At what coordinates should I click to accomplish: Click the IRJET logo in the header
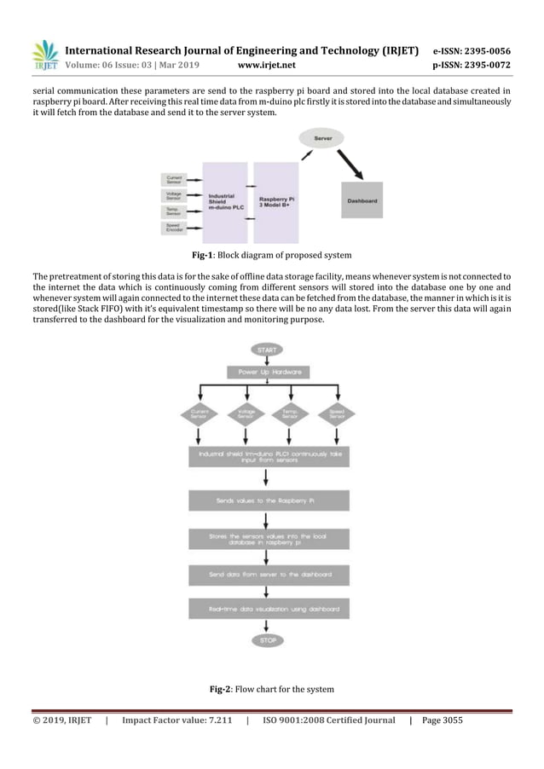[x=44, y=55]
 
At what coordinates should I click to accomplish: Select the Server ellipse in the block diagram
[x=323, y=137]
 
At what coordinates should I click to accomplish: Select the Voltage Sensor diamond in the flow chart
[x=246, y=415]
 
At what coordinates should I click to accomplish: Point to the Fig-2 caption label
[x=225, y=688]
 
